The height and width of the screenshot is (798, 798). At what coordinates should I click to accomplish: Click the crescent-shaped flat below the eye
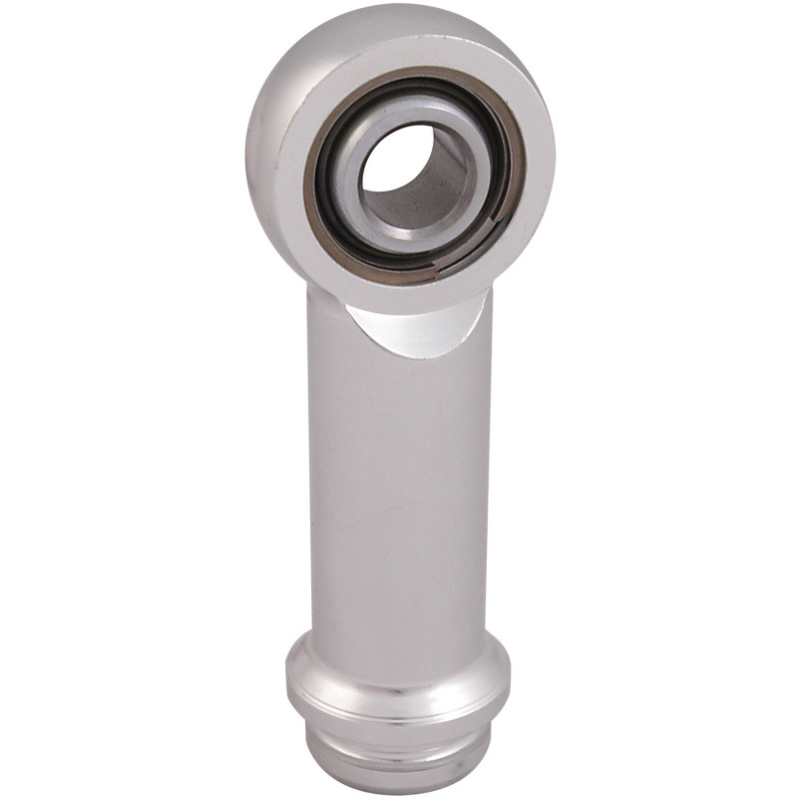(x=419, y=329)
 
